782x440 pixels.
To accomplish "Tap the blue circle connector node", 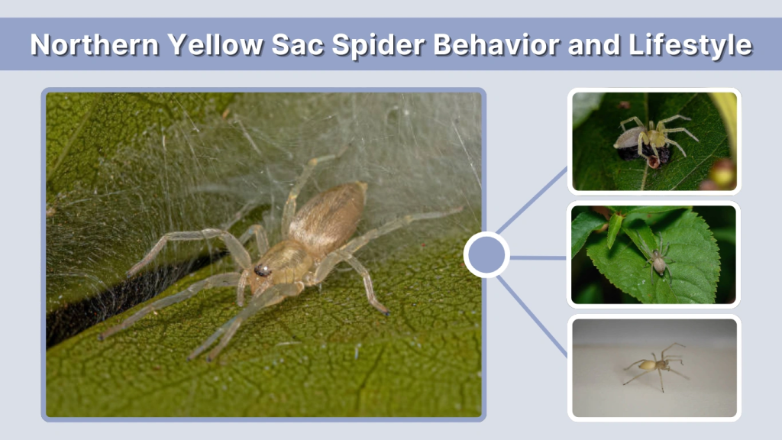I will (486, 254).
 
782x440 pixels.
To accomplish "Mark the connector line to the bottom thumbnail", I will (534, 315).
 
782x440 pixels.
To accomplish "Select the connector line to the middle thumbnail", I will (539, 257).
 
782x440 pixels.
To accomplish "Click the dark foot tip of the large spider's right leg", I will (386, 312).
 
